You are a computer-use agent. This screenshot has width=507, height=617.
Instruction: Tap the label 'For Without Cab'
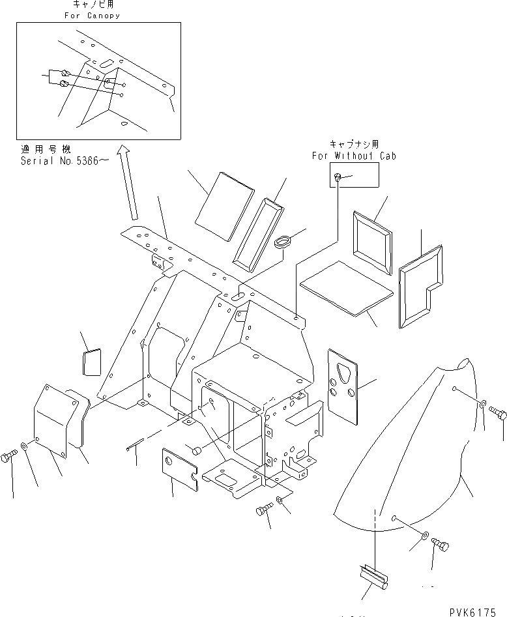click(x=353, y=156)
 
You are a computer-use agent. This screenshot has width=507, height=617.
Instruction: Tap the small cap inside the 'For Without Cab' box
click(x=337, y=177)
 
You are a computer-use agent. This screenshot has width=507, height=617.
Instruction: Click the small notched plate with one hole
click(x=178, y=463)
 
